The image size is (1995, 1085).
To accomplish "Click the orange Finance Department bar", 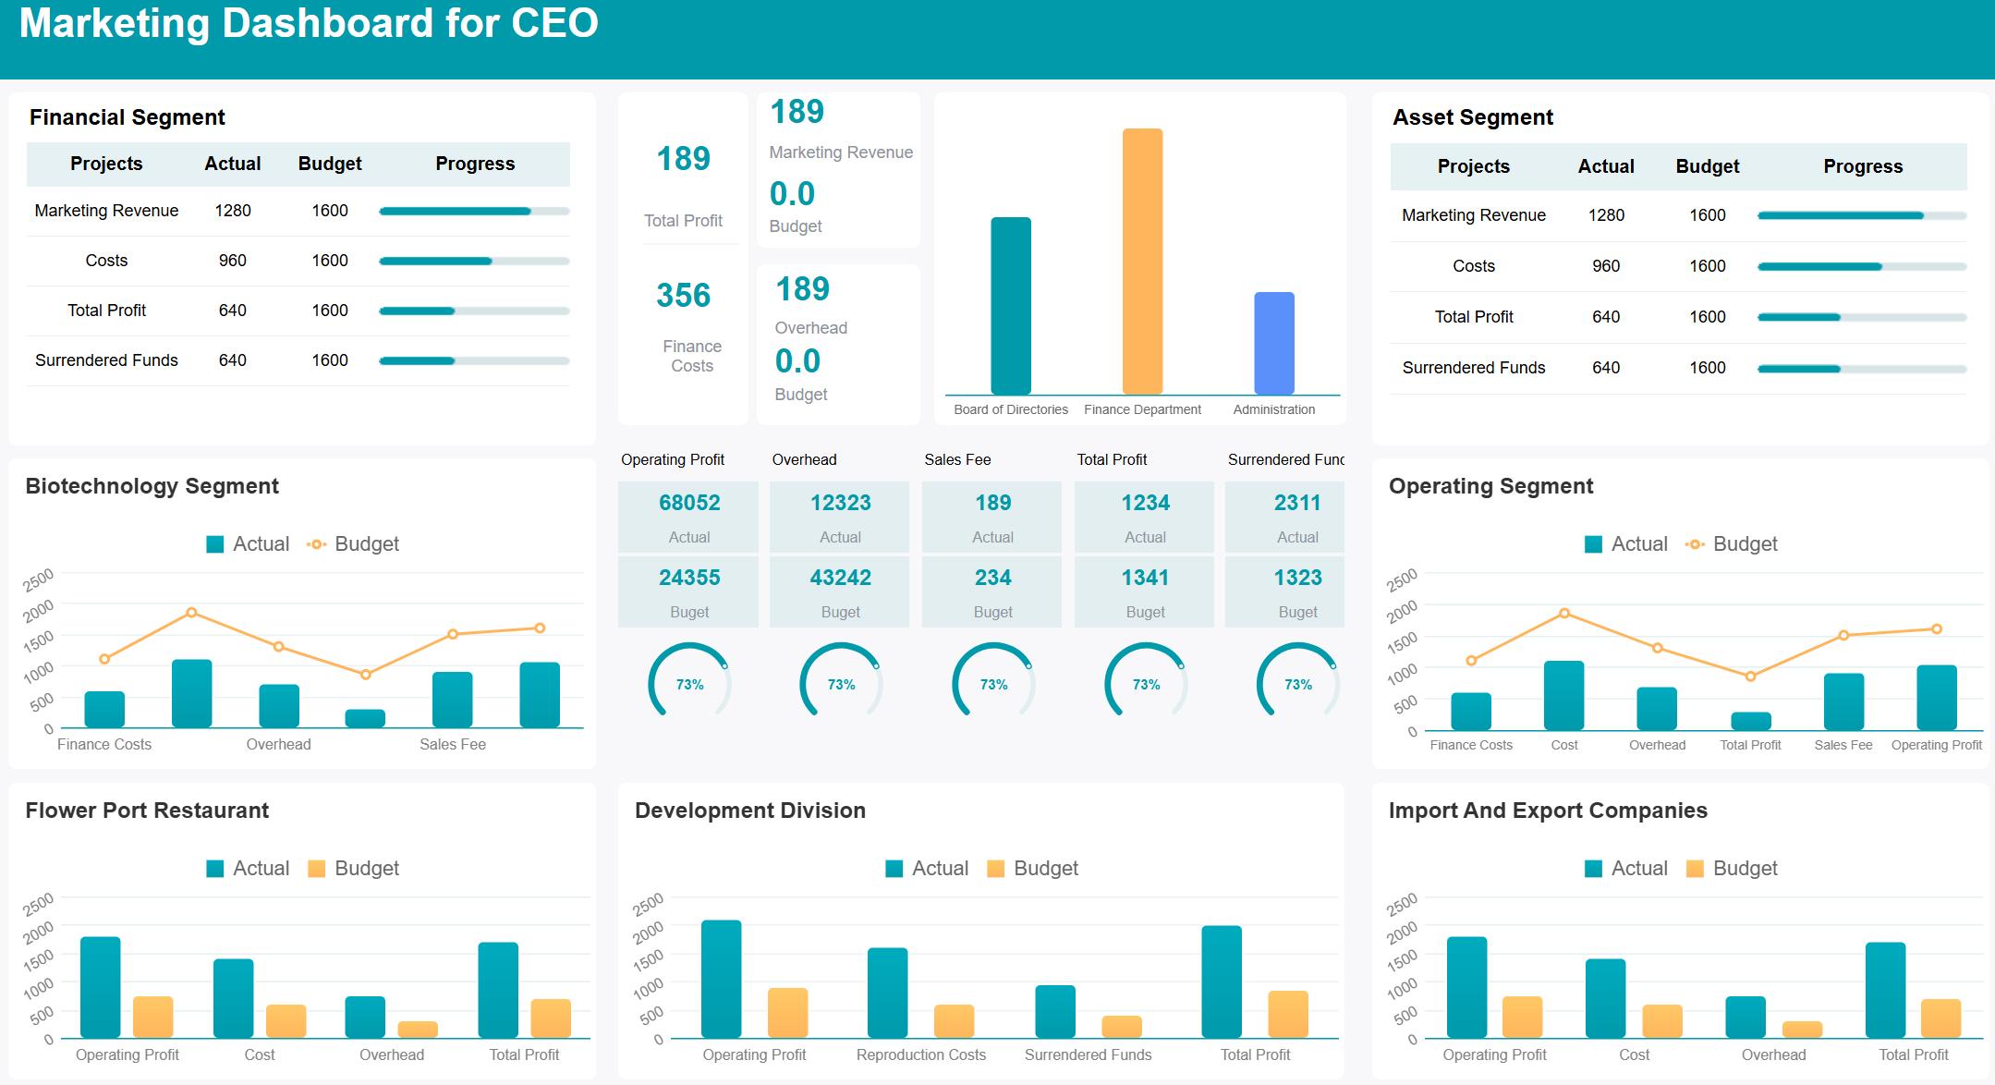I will click(x=1142, y=262).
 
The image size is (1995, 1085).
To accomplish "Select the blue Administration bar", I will click(x=1273, y=343).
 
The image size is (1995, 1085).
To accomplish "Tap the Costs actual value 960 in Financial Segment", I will click(x=232, y=261).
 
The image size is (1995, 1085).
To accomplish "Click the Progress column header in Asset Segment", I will click(x=1862, y=166).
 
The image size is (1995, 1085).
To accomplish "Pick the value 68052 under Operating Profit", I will click(x=689, y=503).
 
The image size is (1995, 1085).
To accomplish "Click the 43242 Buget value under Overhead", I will click(x=840, y=578).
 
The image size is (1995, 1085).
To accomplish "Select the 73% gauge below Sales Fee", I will click(x=993, y=684).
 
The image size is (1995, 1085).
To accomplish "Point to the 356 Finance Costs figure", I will click(x=684, y=296).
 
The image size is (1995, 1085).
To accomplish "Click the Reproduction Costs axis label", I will click(x=920, y=1055).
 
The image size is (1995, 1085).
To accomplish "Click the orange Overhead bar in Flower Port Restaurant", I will click(x=418, y=1029).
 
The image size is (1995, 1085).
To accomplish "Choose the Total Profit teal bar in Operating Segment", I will click(x=1750, y=721).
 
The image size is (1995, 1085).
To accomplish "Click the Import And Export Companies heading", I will click(x=1547, y=811).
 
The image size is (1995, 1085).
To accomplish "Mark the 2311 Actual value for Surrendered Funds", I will click(x=1297, y=503).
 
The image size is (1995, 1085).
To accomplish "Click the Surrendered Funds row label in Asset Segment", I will click(x=1473, y=368).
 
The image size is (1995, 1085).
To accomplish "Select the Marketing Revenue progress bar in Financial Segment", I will click(x=474, y=212).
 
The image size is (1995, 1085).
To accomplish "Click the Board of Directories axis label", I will click(x=1010, y=409).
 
